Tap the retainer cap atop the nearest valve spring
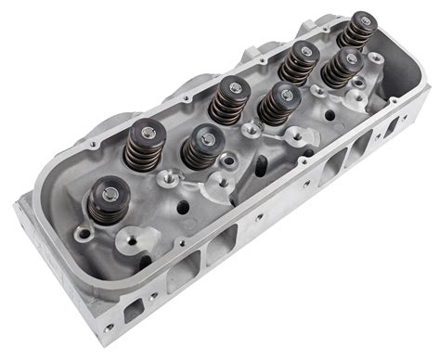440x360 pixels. [x=110, y=194]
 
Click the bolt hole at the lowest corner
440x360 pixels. [x=109, y=328]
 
